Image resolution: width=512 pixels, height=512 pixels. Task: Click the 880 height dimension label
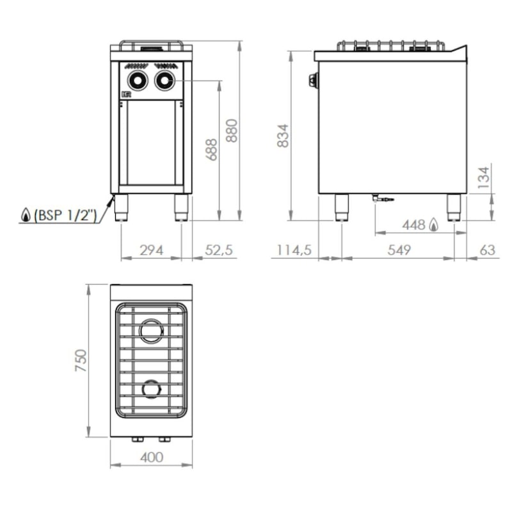tap(232, 131)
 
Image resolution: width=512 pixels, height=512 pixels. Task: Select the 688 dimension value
tap(212, 149)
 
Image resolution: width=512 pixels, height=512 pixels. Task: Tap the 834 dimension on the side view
tap(283, 136)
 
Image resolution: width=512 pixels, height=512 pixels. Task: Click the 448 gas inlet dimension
tap(414, 225)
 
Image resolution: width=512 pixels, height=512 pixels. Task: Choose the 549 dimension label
tap(399, 250)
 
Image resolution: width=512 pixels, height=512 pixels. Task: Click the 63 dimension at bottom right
tap(488, 250)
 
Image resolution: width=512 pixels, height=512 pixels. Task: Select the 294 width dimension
tap(151, 250)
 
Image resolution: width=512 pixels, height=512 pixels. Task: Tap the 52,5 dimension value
tap(219, 250)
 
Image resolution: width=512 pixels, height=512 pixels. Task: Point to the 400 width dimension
tap(151, 457)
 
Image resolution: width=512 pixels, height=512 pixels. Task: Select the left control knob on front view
tap(137, 80)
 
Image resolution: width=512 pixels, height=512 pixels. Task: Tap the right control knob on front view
tap(164, 80)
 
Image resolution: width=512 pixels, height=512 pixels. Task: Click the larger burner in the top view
tap(152, 331)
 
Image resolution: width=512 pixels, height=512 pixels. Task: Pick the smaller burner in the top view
tap(152, 388)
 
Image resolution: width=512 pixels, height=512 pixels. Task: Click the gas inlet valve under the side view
tap(381, 199)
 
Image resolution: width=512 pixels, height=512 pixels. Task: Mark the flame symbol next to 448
tap(435, 225)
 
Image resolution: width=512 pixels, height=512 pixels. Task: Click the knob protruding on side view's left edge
tap(313, 80)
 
